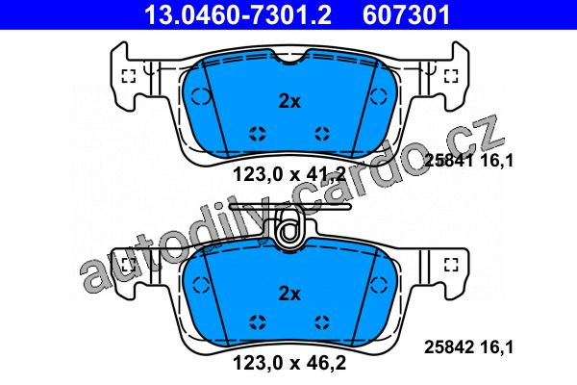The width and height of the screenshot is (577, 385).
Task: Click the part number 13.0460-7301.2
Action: point(238,14)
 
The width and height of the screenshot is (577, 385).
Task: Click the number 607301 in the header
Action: point(406,14)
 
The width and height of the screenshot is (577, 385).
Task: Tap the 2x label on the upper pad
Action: point(289,101)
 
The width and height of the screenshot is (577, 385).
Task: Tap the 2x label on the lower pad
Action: point(289,294)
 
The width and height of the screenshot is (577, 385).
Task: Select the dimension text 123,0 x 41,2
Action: point(289,174)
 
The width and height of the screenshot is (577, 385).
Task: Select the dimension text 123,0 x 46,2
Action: point(289,363)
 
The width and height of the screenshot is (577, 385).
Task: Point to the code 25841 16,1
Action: point(468,161)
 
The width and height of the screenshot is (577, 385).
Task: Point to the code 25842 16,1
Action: point(468,347)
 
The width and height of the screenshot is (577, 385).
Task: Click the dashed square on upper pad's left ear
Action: point(129,76)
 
